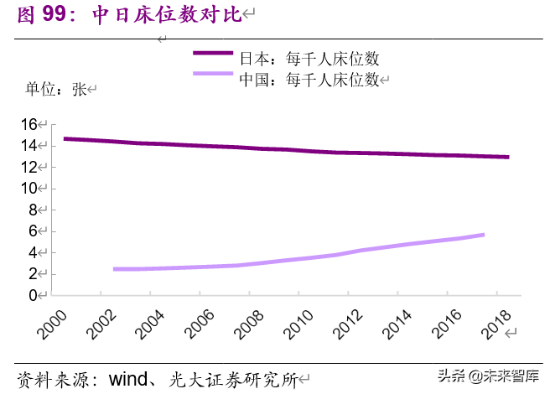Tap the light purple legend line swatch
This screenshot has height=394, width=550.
click(x=214, y=75)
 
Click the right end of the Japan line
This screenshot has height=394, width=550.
click(x=507, y=157)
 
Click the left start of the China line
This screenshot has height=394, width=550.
click(x=114, y=269)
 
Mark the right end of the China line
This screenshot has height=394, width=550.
click(x=483, y=235)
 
